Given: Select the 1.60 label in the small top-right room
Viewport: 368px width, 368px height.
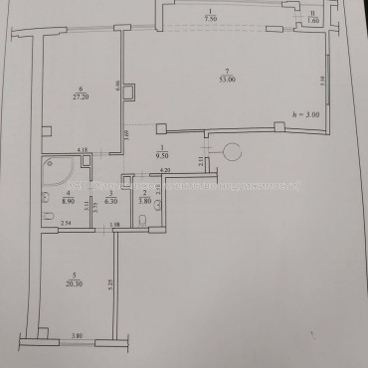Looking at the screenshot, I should click(310, 20).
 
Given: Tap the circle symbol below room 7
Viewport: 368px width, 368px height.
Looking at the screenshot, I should click(232, 152).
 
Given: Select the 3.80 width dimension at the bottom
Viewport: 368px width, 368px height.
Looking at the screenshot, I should click(75, 336).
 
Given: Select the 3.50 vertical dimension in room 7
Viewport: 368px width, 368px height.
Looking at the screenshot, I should click(320, 80).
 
